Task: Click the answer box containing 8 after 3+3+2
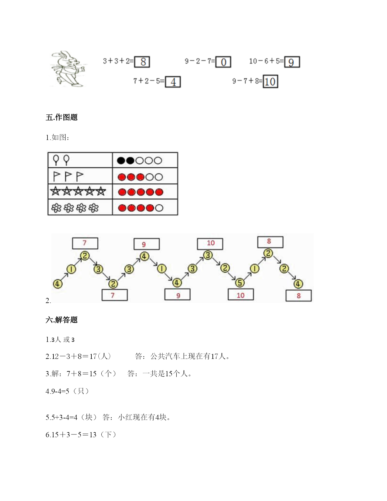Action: coord(142,62)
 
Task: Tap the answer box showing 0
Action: coord(223,62)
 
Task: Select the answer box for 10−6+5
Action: coord(292,62)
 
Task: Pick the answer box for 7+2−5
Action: coord(173,82)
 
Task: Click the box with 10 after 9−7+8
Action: coord(270,81)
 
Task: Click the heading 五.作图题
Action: coord(62,117)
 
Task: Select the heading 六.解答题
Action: coord(62,320)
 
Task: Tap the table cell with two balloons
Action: coord(80,160)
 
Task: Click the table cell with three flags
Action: coord(80,176)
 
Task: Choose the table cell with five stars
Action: coord(80,192)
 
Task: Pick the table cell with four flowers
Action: coord(80,207)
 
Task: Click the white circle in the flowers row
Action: coord(159,208)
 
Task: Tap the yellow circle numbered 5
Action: coord(240,283)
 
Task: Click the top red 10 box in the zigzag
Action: coord(210,244)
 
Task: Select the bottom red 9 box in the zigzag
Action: coord(177,295)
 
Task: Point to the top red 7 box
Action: coord(85,243)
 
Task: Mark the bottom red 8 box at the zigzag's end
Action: coord(298,295)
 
